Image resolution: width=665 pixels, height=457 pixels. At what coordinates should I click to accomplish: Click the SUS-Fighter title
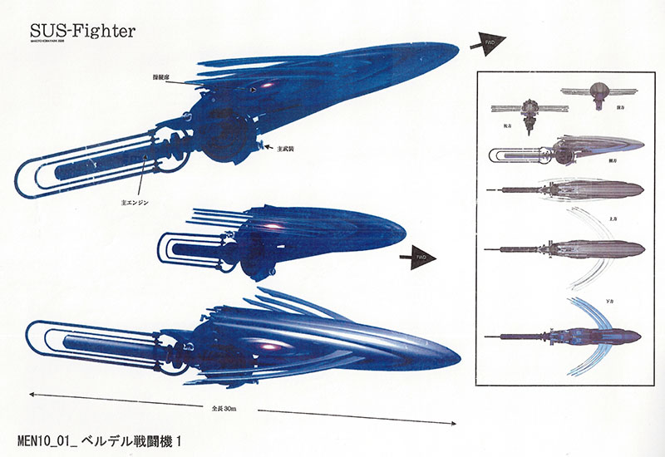[81, 30]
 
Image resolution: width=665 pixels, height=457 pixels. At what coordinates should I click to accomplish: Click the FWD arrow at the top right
[487, 45]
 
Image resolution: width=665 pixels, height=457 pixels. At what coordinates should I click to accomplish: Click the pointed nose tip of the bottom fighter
[460, 360]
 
